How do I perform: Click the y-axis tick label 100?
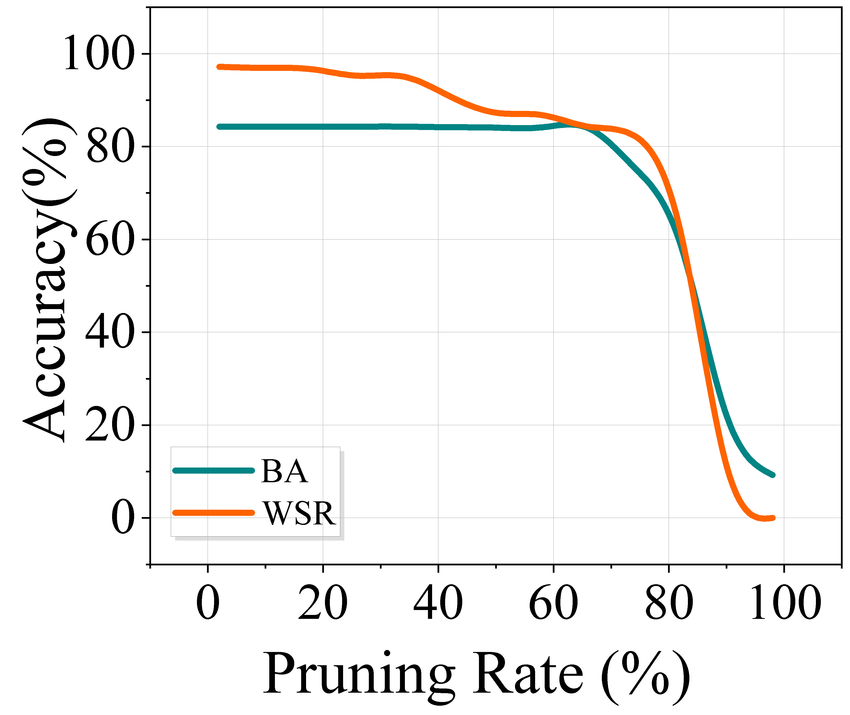(x=98, y=53)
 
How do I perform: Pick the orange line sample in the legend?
(x=214, y=513)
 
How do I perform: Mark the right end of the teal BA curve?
(x=773, y=475)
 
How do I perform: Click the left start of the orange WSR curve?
(x=219, y=67)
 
